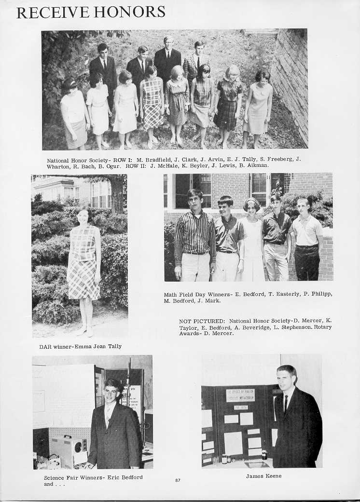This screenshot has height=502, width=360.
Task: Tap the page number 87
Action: (178, 479)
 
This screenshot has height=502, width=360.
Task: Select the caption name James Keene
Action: (263, 476)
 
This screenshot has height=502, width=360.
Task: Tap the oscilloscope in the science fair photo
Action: (69, 450)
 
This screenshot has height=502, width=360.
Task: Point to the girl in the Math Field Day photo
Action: (252, 241)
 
